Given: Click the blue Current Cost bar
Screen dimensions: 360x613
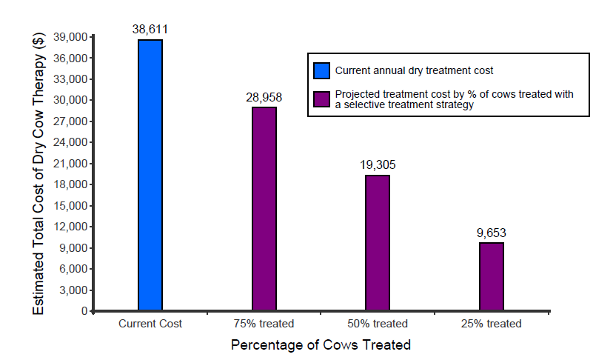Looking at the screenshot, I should pyautogui.click(x=150, y=175).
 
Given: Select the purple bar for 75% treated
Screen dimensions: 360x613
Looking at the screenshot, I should pyautogui.click(x=264, y=209).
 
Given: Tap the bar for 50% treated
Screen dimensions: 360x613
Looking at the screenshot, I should pyautogui.click(x=378, y=243).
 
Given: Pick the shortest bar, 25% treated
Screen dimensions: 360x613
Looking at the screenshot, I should pyautogui.click(x=492, y=276).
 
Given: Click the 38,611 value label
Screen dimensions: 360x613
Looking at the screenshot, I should pyautogui.click(x=150, y=30).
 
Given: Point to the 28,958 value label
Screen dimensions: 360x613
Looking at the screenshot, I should pyautogui.click(x=264, y=97).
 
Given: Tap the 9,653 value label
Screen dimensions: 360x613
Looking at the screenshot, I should pyautogui.click(x=492, y=233).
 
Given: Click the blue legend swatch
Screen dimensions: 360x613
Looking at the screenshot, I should pyautogui.click(x=321, y=71).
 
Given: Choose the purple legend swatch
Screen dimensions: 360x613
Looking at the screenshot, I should pyautogui.click(x=321, y=99).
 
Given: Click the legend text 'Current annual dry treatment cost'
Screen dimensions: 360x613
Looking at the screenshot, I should pyautogui.click(x=414, y=71).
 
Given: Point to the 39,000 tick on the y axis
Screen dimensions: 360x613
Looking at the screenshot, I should pyautogui.click(x=73, y=37).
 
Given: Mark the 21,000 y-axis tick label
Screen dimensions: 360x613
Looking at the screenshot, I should pyautogui.click(x=73, y=164).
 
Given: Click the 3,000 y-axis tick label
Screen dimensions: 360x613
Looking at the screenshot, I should pyautogui.click(x=76, y=290).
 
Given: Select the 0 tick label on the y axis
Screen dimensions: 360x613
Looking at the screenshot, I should pyautogui.click(x=84, y=311).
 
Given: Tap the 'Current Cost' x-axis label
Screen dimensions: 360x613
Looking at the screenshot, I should pyautogui.click(x=150, y=324).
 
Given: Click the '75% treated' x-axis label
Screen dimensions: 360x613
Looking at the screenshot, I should pyautogui.click(x=264, y=324).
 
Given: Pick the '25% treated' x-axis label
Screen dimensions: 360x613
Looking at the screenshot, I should pyautogui.click(x=492, y=324).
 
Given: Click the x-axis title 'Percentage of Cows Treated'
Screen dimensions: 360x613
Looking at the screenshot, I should pyautogui.click(x=321, y=345).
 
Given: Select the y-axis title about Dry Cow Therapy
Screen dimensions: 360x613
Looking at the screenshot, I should pyautogui.click(x=40, y=173).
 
